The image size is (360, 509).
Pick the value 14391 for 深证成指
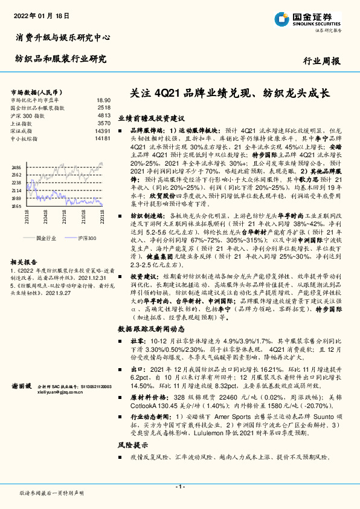coord(103,131)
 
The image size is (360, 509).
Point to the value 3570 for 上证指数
coord(104,123)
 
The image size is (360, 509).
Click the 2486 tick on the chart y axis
coord(16,167)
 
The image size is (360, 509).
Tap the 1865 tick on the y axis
coord(16,206)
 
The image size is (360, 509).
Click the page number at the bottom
coord(179,486)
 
